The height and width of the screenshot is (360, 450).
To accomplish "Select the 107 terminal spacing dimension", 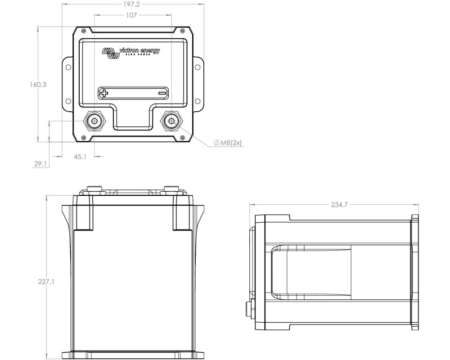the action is click(x=131, y=15).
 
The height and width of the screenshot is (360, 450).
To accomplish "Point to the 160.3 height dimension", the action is click(x=38, y=85).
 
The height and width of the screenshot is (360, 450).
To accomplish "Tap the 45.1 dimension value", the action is click(x=80, y=157).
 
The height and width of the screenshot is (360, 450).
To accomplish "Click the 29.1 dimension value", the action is click(x=40, y=164).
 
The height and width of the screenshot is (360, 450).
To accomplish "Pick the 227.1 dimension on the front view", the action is click(x=46, y=281).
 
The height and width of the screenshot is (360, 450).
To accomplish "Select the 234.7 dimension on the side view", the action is click(x=339, y=205).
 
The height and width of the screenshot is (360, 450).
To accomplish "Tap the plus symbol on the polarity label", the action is click(x=104, y=93).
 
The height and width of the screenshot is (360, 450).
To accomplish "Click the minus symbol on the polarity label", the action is click(x=162, y=93).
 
